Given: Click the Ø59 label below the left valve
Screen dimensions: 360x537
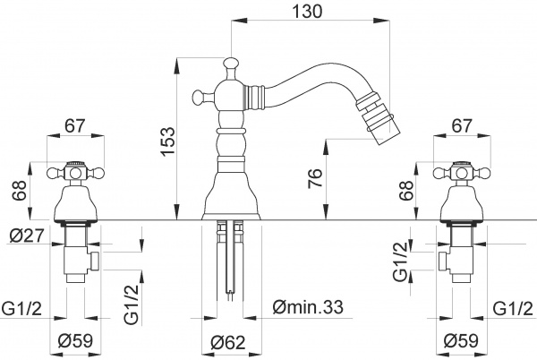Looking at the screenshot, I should coord(74,341).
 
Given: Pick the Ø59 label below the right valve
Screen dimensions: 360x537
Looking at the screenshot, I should coord(462,341).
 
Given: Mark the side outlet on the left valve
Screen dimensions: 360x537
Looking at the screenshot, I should coord(93,261).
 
